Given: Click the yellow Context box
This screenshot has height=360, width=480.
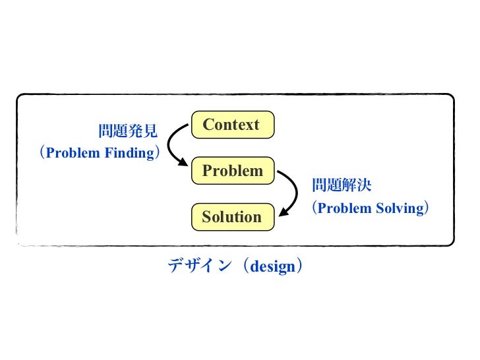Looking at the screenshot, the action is (231, 125).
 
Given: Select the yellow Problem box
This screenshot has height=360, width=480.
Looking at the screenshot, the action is (232, 171).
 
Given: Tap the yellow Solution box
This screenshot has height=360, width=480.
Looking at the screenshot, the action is (232, 218).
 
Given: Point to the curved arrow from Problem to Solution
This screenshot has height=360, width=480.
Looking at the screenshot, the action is (293, 191).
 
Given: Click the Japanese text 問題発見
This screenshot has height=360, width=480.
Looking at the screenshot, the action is (128, 132).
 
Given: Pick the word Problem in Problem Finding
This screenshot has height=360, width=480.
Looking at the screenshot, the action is (73, 154).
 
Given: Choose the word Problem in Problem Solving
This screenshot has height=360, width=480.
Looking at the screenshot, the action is (345, 208).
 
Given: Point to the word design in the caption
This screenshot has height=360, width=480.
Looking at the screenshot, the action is (272, 267).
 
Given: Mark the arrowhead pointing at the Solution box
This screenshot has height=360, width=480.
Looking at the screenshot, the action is (283, 213).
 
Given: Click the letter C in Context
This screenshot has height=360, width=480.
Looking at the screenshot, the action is (208, 125).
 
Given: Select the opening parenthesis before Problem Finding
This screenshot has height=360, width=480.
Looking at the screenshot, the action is (42, 154).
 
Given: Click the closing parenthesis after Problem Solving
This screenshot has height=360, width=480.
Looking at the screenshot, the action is (427, 208).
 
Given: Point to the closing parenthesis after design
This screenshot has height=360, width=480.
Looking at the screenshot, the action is (300, 266).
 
